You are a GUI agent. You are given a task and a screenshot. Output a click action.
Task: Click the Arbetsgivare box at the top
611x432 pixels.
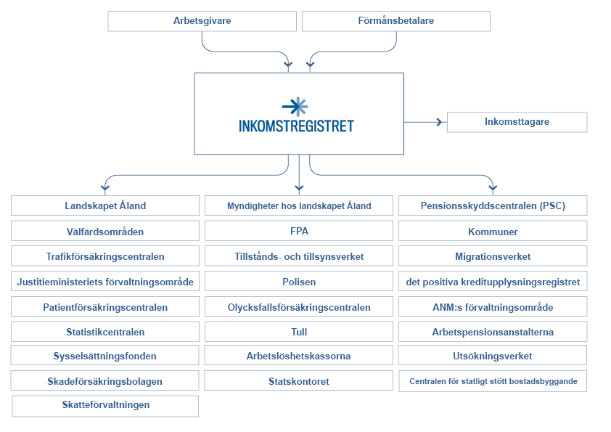click(x=202, y=21)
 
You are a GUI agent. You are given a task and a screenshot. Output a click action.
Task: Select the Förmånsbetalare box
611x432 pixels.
click(x=395, y=21)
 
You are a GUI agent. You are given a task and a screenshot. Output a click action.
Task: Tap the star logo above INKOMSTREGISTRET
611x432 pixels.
click(x=295, y=107)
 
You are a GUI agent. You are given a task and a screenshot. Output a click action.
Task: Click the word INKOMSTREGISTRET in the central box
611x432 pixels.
click(x=296, y=126)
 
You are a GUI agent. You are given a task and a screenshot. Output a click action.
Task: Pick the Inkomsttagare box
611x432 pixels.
click(x=517, y=122)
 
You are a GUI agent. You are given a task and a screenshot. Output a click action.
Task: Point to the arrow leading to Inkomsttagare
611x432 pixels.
click(x=425, y=122)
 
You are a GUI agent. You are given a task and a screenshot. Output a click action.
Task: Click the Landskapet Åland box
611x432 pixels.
click(x=105, y=205)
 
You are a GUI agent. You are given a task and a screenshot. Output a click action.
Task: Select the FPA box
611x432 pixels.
click(x=299, y=231)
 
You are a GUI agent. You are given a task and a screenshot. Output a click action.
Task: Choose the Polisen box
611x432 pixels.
click(x=299, y=282)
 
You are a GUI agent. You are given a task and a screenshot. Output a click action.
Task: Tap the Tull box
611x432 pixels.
click(x=299, y=332)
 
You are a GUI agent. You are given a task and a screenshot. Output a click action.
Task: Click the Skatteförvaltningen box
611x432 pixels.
click(x=105, y=405)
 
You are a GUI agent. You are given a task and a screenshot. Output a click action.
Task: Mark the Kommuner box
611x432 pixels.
click(x=493, y=232)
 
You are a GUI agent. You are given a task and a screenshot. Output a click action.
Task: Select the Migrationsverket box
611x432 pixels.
click(x=493, y=256)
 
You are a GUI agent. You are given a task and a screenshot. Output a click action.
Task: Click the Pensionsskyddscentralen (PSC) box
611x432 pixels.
click(x=493, y=205)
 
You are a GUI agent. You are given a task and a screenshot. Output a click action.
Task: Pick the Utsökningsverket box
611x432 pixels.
click(x=493, y=356)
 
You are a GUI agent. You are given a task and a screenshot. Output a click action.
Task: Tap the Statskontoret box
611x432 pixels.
click(x=299, y=381)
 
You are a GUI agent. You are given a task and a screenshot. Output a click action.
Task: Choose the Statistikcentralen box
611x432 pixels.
click(x=105, y=332)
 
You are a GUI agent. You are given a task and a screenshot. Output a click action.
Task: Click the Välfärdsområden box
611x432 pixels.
click(x=105, y=232)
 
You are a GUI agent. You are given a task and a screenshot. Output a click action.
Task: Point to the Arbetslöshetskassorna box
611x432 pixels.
click(x=299, y=356)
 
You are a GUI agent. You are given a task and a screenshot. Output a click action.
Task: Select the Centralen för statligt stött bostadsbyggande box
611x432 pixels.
click(x=493, y=381)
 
